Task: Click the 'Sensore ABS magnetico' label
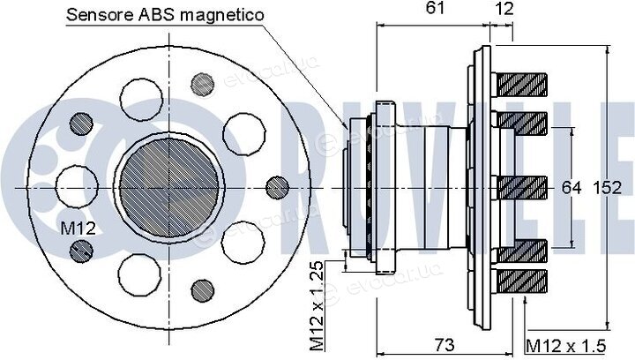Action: coord(165,15)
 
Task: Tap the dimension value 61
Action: coord(435,8)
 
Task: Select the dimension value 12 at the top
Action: coord(504,8)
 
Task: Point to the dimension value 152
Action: coord(607,187)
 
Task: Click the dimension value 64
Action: coord(571,187)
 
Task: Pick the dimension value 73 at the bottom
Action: coord(444,345)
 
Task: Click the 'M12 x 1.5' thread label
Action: coord(565,346)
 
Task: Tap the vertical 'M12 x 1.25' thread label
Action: coord(317,306)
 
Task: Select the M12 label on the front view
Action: coord(78,229)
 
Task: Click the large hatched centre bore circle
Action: coord(169,187)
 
